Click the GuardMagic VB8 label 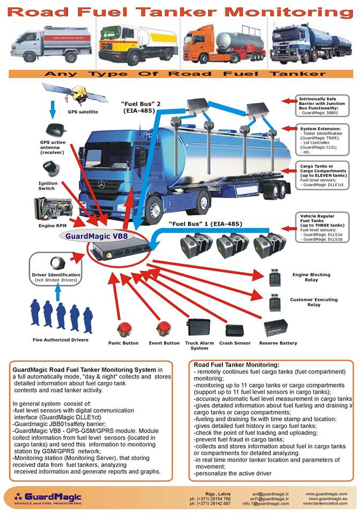click(x=96, y=235)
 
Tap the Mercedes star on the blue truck click(x=101, y=184)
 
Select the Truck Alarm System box click(x=199, y=327)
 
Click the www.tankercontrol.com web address click(x=326, y=504)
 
